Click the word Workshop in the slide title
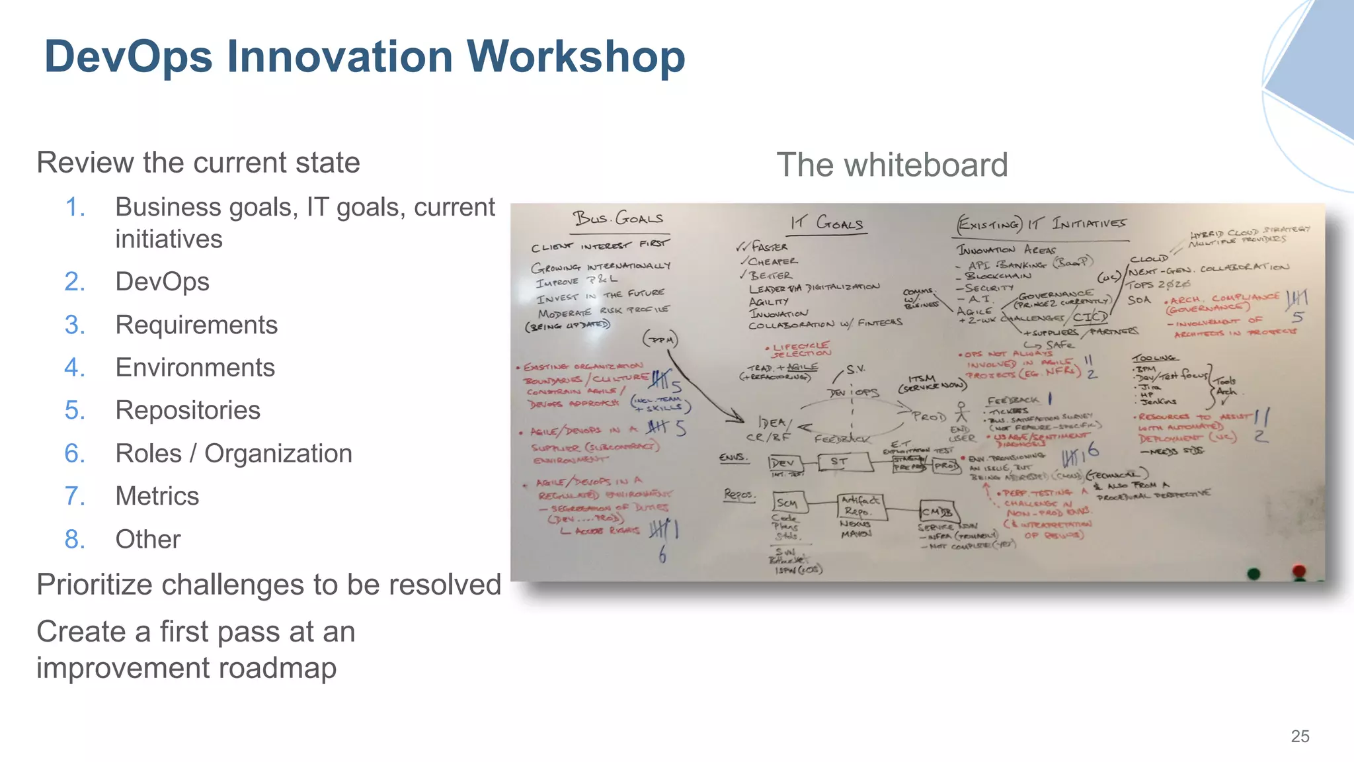(576, 57)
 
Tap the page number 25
(1300, 736)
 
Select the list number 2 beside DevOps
(75, 282)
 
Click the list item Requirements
(196, 325)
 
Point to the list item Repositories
(188, 410)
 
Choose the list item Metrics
(157, 496)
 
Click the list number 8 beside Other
(75, 539)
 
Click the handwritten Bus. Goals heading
(618, 218)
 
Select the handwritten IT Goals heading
(826, 223)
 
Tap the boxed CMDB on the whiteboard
(937, 511)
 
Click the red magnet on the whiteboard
(1299, 570)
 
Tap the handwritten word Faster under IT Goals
(769, 247)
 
